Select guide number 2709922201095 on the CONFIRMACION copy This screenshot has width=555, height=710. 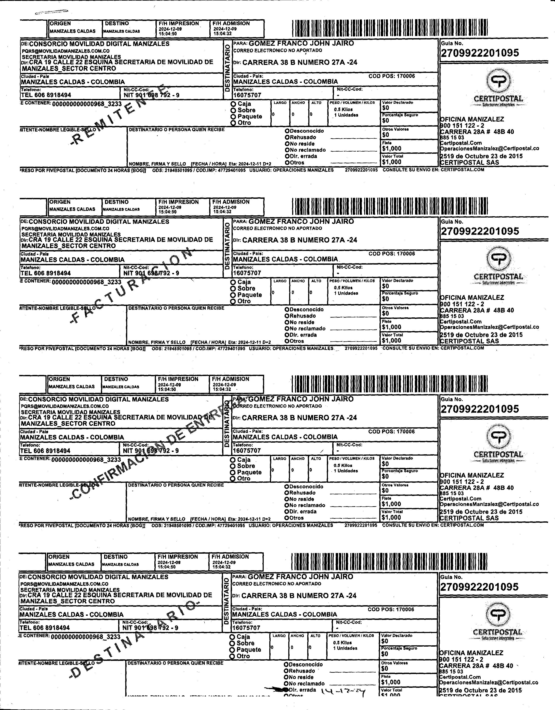point(480,409)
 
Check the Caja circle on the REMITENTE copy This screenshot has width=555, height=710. point(233,104)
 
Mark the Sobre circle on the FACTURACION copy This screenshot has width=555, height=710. point(233,288)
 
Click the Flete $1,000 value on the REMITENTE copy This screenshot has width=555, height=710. point(392,149)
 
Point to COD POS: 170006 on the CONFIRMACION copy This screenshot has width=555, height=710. point(392,432)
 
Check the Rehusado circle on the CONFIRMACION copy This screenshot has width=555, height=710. point(287,493)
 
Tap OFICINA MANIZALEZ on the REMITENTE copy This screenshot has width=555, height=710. point(472,119)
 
